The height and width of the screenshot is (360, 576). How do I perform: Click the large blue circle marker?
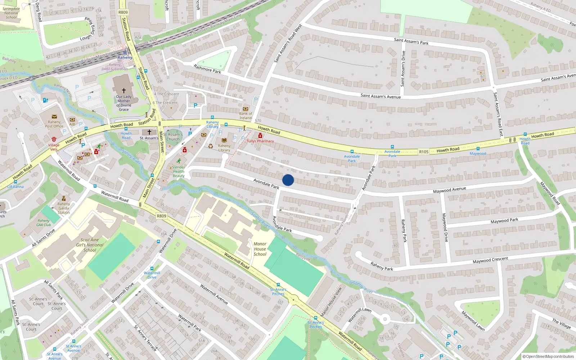288,180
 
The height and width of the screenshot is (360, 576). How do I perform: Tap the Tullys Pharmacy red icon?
260,136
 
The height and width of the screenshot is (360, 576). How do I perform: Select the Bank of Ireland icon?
246,109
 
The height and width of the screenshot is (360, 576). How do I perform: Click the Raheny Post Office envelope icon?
54,117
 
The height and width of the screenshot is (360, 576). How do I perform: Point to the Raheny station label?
125,58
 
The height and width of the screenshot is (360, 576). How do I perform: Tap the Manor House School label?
260,249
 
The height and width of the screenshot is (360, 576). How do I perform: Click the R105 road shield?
424,152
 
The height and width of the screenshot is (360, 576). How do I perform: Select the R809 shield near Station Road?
123,12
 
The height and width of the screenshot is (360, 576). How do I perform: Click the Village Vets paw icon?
54,139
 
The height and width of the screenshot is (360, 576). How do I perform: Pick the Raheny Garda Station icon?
64,198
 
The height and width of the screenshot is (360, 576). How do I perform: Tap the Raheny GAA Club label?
44,223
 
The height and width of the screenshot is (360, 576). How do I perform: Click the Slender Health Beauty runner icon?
179,161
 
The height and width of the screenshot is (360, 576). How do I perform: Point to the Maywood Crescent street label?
490,260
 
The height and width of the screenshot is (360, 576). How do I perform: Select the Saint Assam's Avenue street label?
381,96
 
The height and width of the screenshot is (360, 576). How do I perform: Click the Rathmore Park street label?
207,69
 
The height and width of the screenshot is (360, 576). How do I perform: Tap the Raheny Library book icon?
224,140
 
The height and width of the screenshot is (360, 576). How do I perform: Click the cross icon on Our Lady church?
123,91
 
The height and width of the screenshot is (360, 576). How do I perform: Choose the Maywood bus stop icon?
478,149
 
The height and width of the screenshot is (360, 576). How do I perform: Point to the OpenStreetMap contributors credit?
548,357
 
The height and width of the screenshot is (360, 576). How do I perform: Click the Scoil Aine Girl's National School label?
90,245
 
